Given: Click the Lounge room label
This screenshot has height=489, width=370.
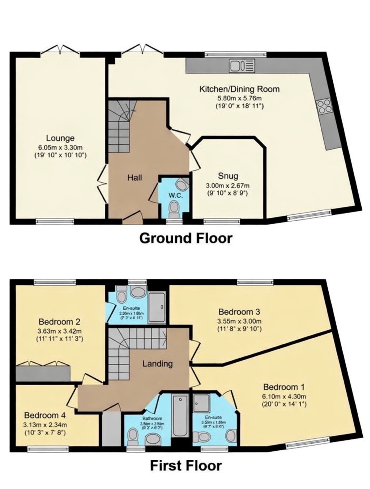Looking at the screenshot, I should point(60,138).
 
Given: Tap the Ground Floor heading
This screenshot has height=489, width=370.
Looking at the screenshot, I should point(186,238).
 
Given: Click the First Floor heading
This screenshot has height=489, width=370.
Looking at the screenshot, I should point(186,466).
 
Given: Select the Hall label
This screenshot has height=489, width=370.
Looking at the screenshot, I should point(134,178).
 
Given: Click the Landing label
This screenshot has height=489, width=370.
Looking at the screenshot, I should point(157,364).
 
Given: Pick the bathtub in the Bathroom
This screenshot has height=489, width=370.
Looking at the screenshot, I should point(180,415).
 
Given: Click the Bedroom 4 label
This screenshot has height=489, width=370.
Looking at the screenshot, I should point(45,415).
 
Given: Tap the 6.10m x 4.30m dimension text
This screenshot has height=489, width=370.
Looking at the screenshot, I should point(284,397).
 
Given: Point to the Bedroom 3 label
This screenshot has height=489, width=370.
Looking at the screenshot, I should point(239,312).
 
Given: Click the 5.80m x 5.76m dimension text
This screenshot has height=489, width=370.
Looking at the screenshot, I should point(239,98).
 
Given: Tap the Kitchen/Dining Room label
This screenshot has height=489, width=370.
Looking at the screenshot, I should point(239,89).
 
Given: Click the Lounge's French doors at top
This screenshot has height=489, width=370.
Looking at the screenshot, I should point(60,50).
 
